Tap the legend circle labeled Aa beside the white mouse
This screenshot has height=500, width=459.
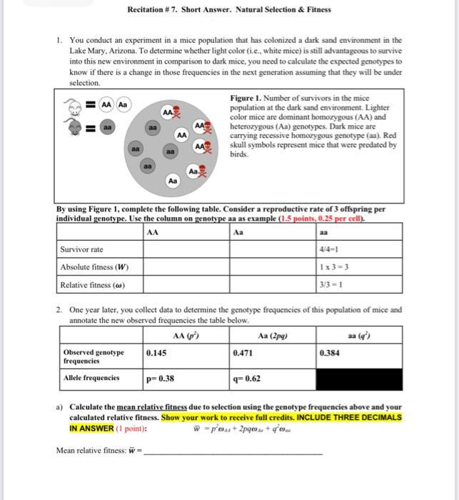[x=122, y=104]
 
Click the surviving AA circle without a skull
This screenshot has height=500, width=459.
[x=181, y=134]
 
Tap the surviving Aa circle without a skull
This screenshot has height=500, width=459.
[x=172, y=182]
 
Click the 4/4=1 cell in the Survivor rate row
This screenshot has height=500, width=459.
[x=329, y=249]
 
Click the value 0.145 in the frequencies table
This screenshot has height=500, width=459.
[x=157, y=353]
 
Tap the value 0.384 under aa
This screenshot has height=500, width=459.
[x=330, y=353]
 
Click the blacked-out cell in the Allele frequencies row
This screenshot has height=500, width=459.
[x=360, y=378]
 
